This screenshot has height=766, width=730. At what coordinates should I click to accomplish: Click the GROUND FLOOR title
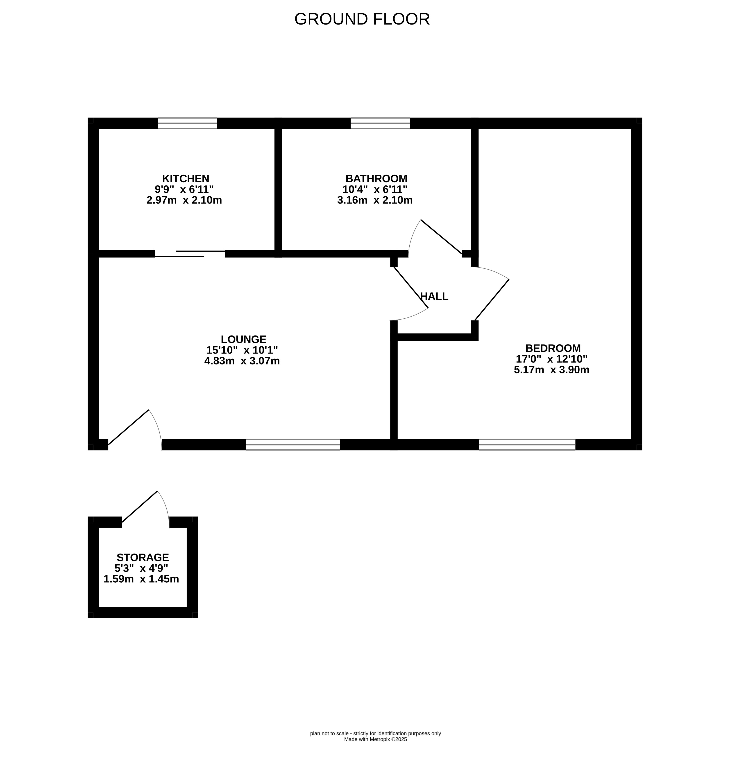point(362,19)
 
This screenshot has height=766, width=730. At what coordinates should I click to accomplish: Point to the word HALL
point(434,296)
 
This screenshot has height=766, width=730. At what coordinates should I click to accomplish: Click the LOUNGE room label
point(244,339)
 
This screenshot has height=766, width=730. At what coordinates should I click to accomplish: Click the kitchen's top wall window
point(187,123)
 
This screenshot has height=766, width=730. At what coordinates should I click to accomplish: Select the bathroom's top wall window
point(380,123)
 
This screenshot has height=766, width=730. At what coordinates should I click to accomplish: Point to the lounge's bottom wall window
point(293,445)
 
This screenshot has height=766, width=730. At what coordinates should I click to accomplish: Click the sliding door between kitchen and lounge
point(190,254)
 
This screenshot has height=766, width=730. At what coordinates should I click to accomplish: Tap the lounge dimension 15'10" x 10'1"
point(242,350)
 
